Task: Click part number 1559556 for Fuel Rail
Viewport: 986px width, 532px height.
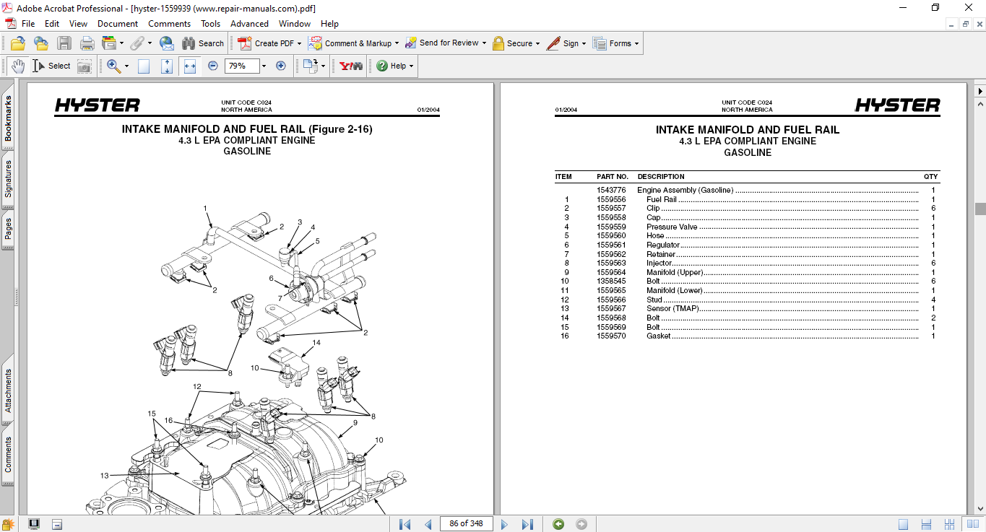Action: point(611,199)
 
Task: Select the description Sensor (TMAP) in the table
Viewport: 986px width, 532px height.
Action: point(673,309)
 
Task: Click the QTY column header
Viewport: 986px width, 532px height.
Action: point(930,177)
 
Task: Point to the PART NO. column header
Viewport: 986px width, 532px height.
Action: point(613,177)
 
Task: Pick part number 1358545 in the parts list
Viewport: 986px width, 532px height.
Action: point(611,282)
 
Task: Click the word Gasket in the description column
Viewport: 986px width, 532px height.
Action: point(658,336)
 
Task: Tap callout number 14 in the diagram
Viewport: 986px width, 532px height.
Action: point(316,343)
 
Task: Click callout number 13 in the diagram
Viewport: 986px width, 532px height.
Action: point(105,476)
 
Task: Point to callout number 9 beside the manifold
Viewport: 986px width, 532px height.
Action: point(355,423)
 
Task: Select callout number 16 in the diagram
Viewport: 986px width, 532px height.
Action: point(168,421)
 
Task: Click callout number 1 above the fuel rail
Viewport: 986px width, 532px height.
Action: point(205,209)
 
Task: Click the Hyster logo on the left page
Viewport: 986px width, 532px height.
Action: point(98,106)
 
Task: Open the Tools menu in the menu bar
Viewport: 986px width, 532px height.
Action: point(210,24)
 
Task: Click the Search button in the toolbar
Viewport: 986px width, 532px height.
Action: point(203,43)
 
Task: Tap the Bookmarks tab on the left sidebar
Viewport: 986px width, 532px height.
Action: point(8,119)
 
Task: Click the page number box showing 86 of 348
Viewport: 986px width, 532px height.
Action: point(466,523)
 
